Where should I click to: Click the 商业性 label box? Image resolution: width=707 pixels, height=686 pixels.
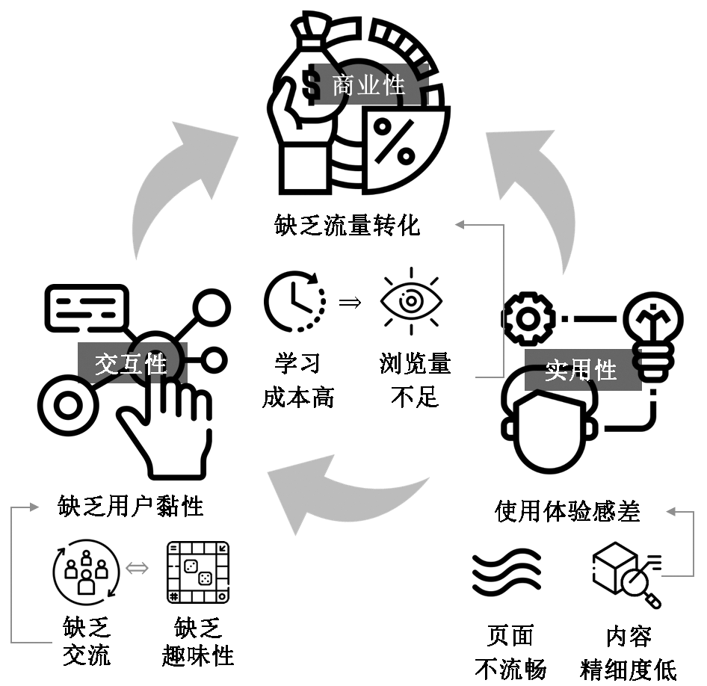359,84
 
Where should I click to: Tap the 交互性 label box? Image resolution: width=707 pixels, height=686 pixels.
132,363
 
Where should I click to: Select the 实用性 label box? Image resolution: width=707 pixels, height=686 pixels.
581,370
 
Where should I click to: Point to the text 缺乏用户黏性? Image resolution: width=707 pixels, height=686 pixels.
131,507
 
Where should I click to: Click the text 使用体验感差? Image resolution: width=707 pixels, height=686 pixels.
568,511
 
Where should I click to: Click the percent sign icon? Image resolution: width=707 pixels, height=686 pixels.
394,141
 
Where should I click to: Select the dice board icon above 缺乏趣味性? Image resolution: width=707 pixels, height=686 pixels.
198,573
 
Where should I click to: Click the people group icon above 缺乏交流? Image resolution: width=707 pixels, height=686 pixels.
86,572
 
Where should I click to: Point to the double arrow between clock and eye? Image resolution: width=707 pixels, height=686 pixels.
350,303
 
